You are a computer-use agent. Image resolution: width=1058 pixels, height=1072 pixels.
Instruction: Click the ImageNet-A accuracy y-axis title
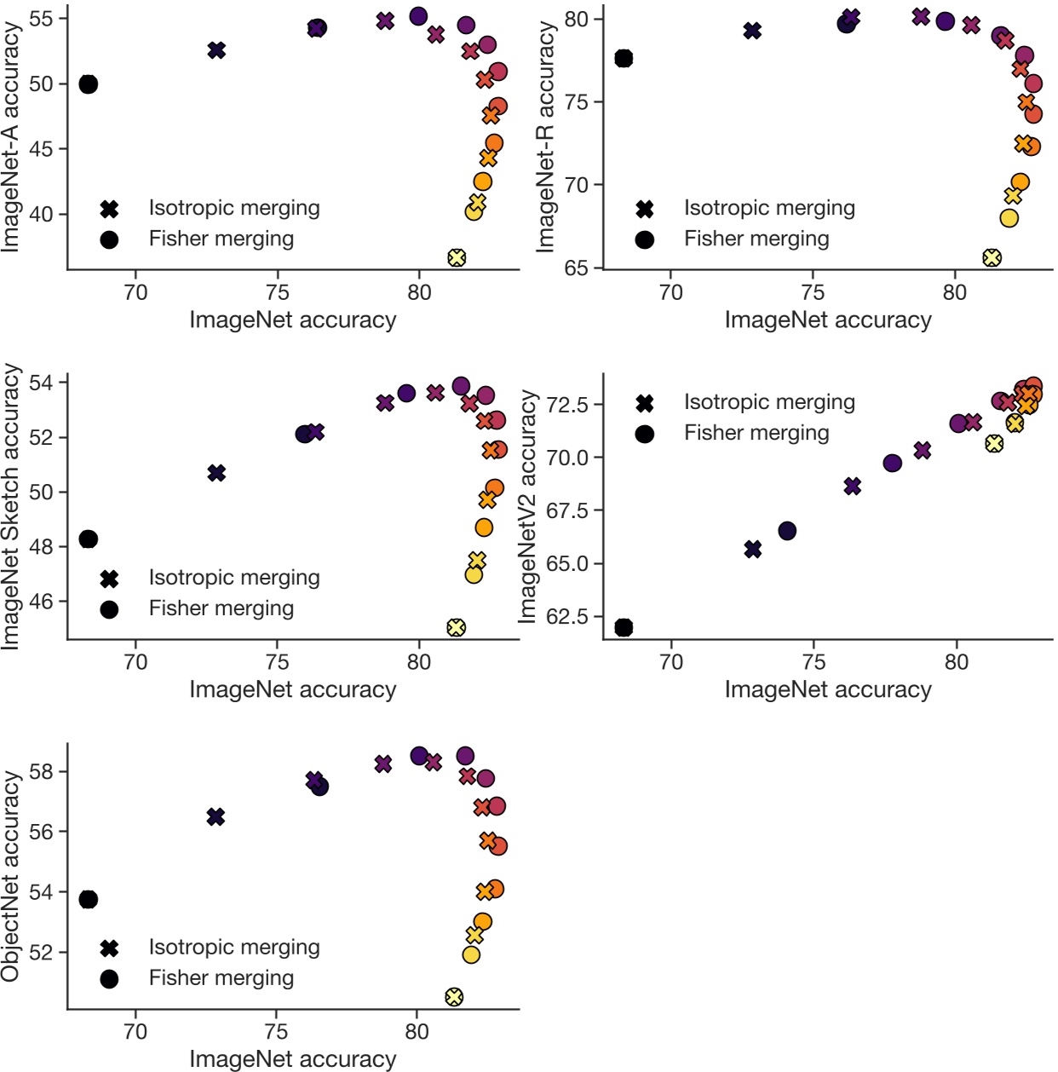pos(11,136)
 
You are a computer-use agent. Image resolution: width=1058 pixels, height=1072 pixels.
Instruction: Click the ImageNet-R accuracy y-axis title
pos(545,136)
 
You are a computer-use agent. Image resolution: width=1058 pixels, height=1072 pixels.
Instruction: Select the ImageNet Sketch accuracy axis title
pos(11,506)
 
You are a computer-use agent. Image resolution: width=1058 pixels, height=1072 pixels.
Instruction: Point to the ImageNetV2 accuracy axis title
pos(528,506)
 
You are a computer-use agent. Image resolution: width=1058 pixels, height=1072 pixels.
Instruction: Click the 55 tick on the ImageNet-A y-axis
pos(41,18)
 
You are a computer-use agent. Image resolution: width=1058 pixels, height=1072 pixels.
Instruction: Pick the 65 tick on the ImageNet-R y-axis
pos(576,268)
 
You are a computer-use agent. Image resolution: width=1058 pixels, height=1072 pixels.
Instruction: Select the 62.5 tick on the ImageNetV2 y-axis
pos(566,616)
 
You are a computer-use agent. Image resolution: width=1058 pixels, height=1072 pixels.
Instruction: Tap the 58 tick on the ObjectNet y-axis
pos(41,771)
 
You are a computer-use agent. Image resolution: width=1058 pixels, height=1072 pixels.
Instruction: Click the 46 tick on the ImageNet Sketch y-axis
pos(41,601)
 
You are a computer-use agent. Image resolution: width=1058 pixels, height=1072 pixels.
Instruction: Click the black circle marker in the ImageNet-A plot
pos(88,84)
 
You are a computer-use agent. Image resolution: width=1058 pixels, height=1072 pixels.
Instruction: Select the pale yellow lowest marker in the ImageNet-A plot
pos(457,257)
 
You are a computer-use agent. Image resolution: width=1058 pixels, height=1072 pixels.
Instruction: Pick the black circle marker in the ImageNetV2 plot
pos(624,627)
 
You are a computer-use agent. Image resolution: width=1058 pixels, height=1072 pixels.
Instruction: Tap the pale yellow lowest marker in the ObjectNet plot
pos(454,996)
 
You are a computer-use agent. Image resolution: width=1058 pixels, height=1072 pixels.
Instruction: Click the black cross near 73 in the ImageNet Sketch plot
pos(216,472)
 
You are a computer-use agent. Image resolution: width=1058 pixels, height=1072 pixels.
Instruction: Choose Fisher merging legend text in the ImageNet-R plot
pos(756,239)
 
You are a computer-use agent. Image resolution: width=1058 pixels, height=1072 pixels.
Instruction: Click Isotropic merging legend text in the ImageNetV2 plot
pos(769,402)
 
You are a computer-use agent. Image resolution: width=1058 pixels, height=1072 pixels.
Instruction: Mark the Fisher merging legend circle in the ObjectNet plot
pos(109,979)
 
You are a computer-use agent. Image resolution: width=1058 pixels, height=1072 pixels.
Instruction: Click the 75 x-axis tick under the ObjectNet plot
pos(275,1032)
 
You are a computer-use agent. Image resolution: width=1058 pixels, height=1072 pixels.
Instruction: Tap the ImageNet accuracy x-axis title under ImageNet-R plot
pos(828,320)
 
